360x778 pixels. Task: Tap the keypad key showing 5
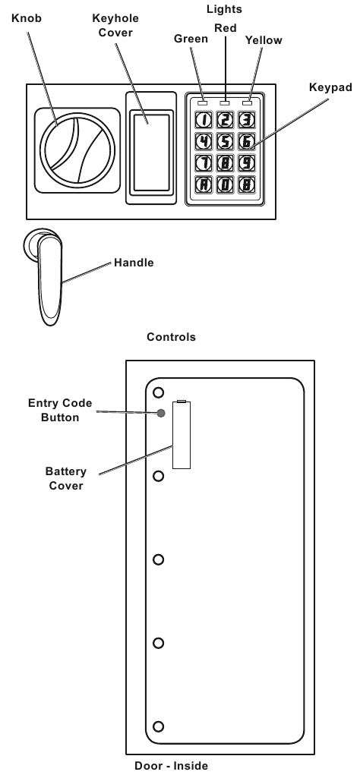[225, 140]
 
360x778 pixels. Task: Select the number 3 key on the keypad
[245, 118]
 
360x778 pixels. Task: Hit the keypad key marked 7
[204, 162]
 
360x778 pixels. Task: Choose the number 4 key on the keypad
[204, 140]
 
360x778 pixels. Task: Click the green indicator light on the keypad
[204, 101]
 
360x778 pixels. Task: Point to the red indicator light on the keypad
[225, 101]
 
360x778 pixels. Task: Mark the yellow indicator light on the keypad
[246, 101]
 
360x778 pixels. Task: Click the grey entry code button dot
[160, 414]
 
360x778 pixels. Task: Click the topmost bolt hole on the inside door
[158, 392]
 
